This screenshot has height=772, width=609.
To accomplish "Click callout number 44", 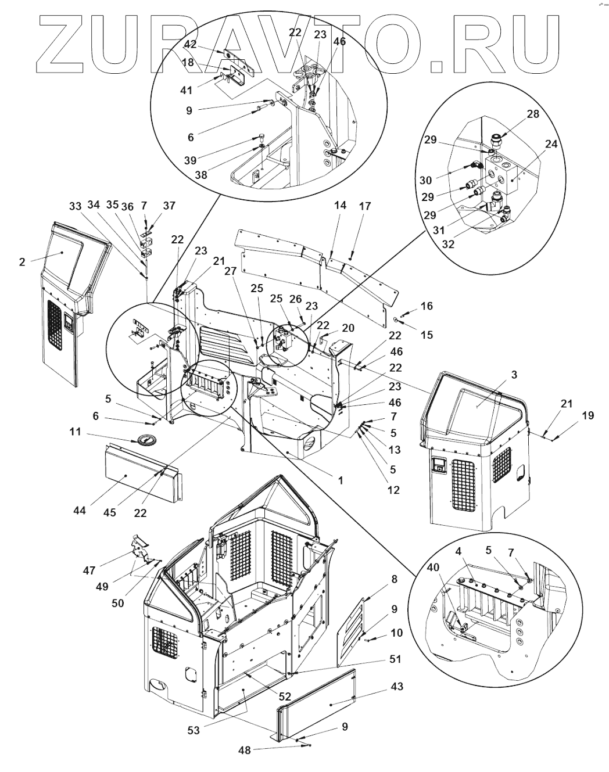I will coord(80,511).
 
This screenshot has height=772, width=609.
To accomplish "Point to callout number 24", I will coord(550,144).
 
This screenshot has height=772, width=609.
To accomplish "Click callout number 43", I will coord(397,687).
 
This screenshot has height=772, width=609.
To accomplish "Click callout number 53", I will coord(194,730).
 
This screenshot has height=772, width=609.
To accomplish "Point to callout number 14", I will coord(340,205).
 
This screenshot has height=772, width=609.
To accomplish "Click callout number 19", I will coord(587,415).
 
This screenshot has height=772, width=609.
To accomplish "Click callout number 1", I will coord(340,480).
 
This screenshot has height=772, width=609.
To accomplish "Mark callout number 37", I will coord(169,205).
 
